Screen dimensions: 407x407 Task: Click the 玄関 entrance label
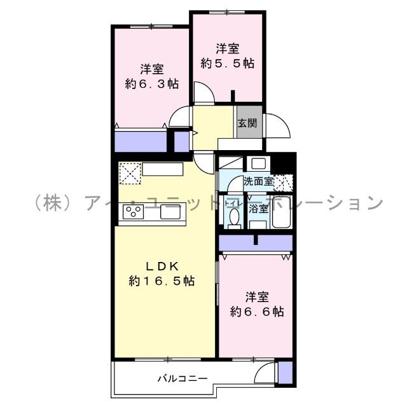pos(247,124)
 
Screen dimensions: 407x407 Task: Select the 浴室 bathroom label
pos(258,208)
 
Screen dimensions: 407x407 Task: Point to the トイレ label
pos(233,204)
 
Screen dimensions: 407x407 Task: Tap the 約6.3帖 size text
pos(152,84)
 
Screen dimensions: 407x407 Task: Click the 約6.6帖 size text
pos(257,312)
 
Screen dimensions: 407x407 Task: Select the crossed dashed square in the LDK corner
pos(128,173)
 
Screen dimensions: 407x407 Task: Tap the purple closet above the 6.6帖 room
pos(255,243)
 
